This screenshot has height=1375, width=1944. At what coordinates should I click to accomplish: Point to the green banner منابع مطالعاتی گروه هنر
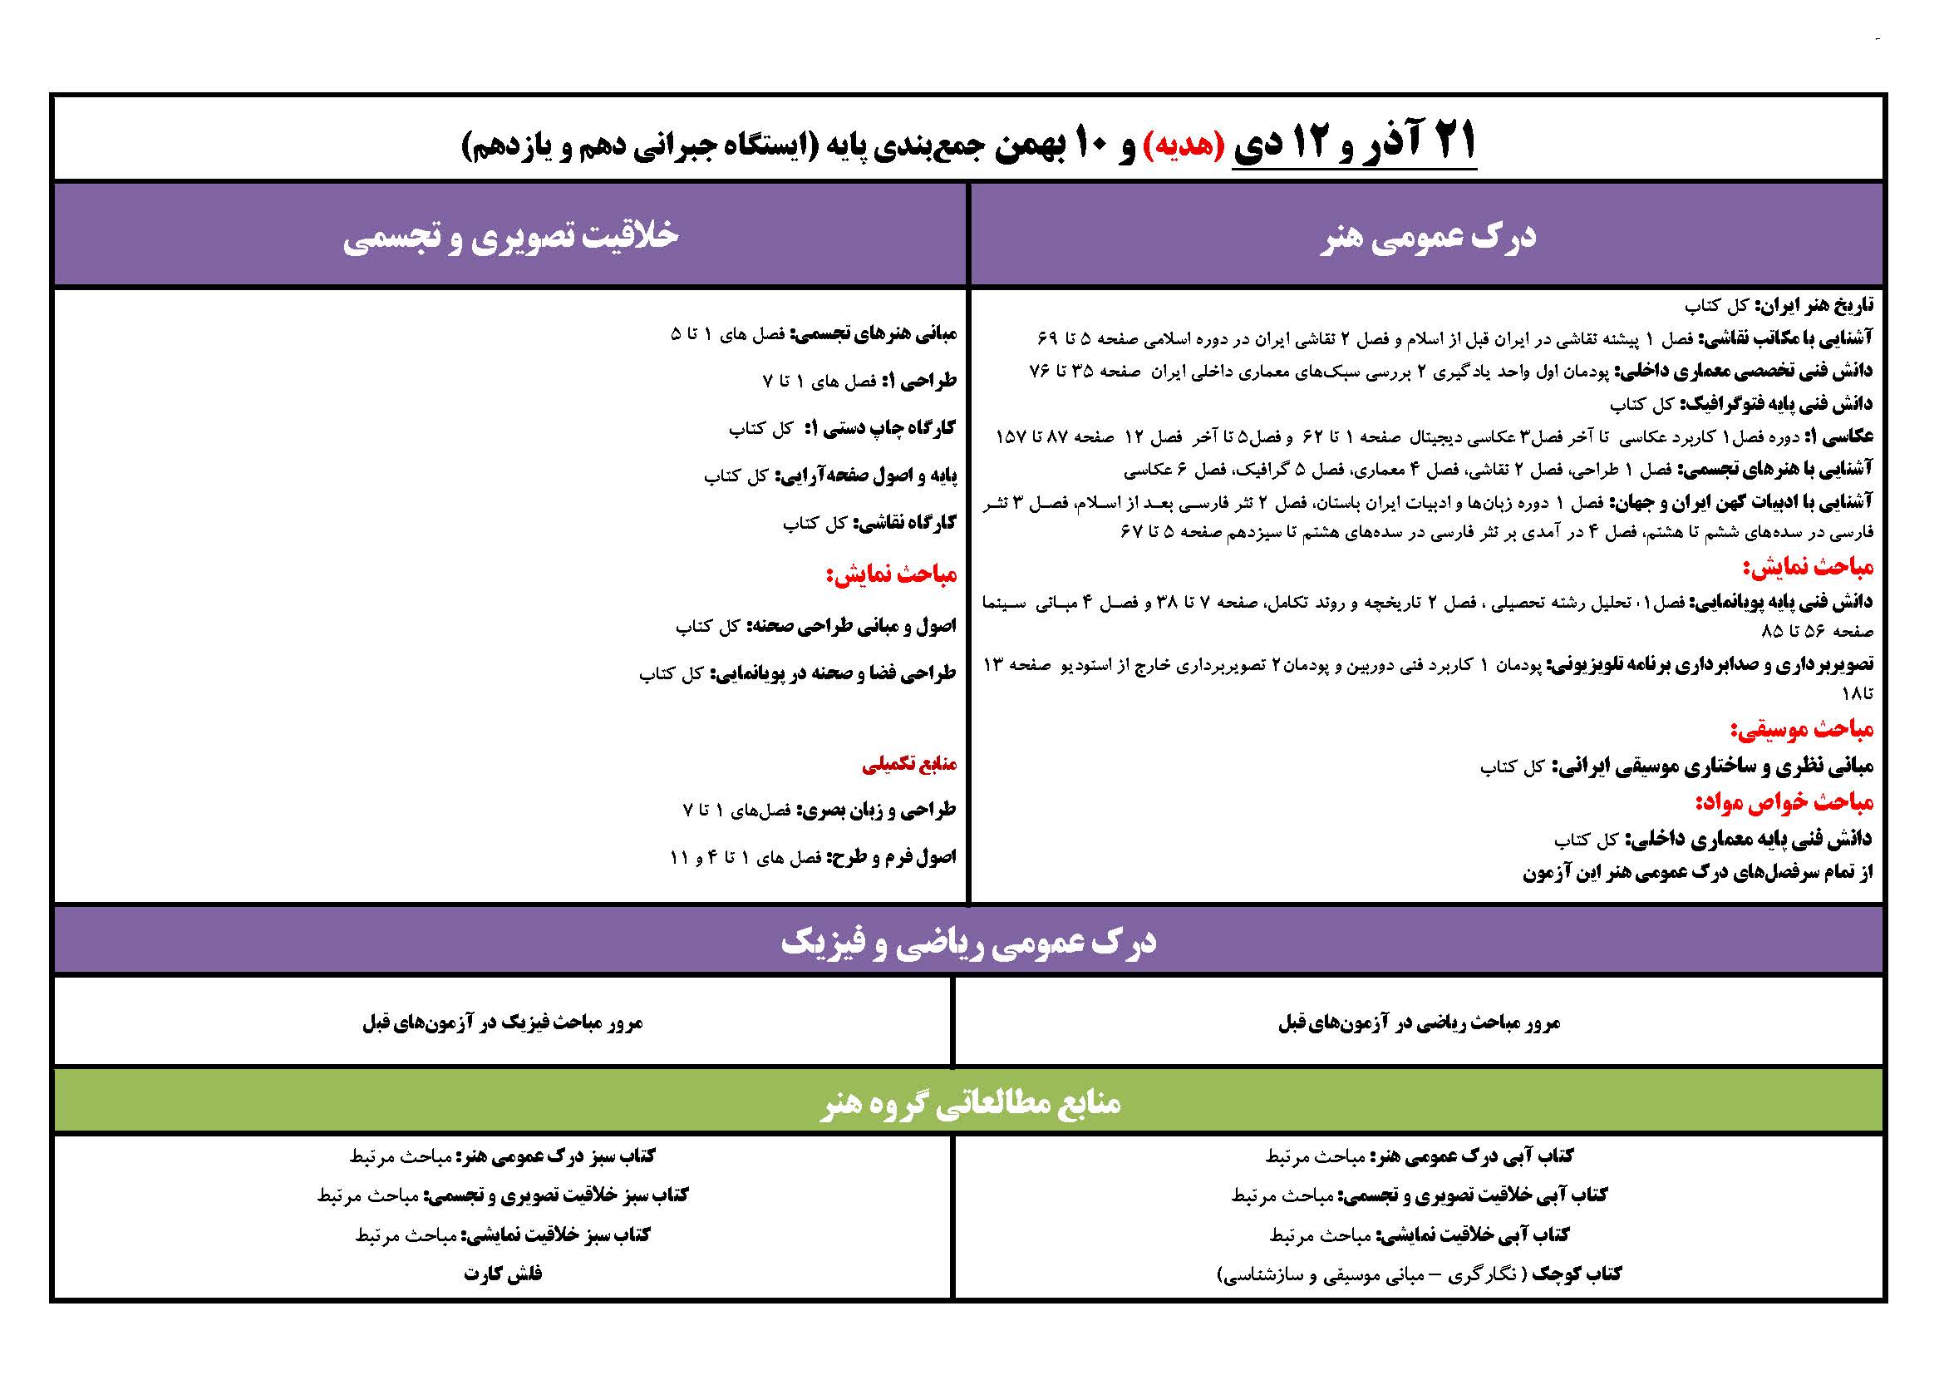tap(969, 1102)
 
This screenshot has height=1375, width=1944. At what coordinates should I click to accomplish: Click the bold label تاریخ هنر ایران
tap(1814, 305)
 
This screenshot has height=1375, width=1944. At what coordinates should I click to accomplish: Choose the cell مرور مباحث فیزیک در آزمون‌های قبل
tap(503, 1023)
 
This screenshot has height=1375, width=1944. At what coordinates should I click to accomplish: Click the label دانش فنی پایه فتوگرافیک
tap(1775, 405)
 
